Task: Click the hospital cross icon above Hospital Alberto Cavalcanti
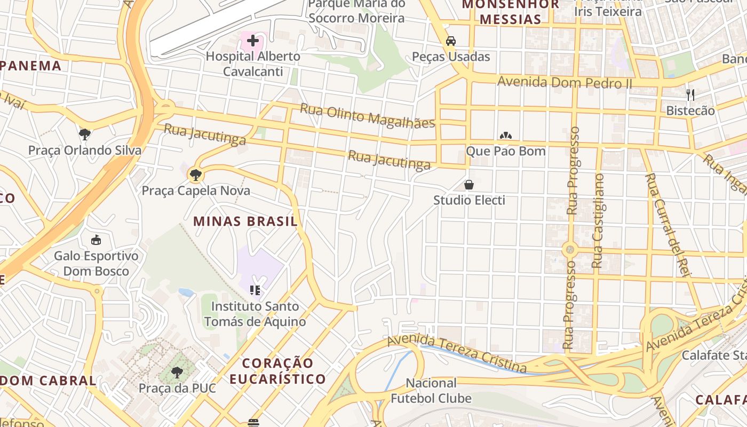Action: coord(252,40)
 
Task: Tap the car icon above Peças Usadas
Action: coord(451,41)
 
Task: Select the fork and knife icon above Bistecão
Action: coord(690,95)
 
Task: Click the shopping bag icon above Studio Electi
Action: coord(469,185)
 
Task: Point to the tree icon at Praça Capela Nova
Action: coord(195,174)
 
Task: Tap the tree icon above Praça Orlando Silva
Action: coord(84,134)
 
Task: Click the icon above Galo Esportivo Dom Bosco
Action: coord(96,240)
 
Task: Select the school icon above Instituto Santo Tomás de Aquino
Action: coord(255,290)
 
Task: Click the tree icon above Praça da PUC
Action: coord(177,372)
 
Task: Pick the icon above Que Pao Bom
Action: coord(505,136)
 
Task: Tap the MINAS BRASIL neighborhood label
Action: coord(245,222)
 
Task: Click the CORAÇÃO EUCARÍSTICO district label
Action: coord(283,371)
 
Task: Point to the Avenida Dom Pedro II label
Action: coord(565,83)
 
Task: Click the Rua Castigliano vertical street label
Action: coord(598,220)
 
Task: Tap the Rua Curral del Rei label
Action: coord(668,224)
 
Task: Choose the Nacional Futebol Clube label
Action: coord(431,391)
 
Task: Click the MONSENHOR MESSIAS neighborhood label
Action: coord(510,12)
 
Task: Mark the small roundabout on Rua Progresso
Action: coord(570,249)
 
